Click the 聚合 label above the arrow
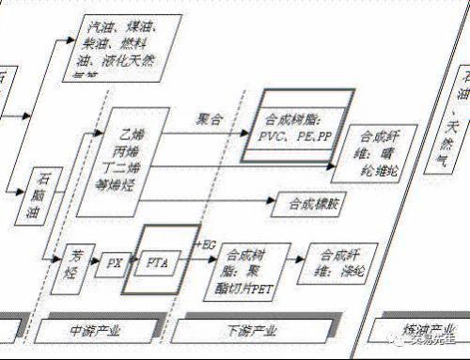[209, 120]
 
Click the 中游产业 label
[97, 331]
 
